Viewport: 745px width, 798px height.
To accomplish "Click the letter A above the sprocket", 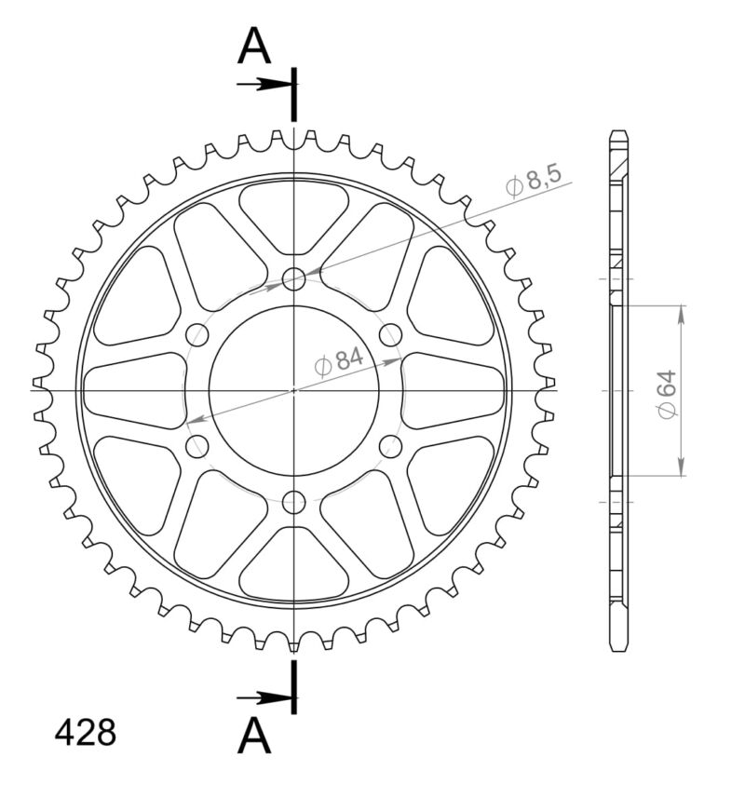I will tap(254, 47).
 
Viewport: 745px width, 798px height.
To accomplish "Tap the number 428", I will tap(86, 733).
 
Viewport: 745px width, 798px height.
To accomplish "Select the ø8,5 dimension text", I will tap(535, 181).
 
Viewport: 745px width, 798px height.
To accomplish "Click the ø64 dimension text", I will tap(667, 394).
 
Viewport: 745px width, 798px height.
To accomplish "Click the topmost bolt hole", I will tap(294, 278).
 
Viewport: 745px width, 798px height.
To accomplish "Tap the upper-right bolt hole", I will tap(391, 334).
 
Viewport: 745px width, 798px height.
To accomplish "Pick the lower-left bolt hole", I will tap(196, 447).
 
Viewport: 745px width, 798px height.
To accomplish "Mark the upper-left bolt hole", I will tap(196, 334).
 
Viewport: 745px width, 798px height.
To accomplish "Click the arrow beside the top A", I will tap(265, 84).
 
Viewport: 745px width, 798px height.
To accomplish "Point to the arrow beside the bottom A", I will tap(265, 697).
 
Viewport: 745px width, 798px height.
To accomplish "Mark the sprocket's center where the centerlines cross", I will tap(294, 390).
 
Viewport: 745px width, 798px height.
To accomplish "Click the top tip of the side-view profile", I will tap(618, 132).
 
